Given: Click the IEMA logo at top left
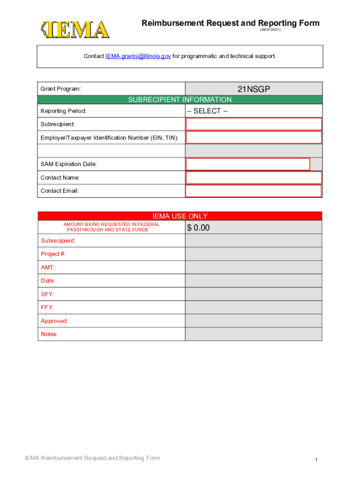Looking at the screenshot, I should click(x=75, y=30).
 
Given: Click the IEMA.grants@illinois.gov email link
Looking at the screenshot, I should click(x=138, y=56).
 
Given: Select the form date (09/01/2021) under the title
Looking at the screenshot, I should click(x=270, y=30).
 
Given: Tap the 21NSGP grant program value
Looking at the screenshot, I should click(x=253, y=89).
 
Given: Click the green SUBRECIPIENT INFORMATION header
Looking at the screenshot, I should click(x=180, y=100).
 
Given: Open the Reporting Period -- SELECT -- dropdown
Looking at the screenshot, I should click(x=253, y=111).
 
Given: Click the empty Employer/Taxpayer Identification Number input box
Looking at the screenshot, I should click(x=253, y=138).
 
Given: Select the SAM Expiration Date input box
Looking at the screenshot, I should click(x=248, y=164).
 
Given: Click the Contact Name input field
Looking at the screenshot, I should click(x=253, y=178).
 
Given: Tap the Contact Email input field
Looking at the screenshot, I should click(x=253, y=191).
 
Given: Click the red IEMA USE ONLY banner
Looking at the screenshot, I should click(x=180, y=216).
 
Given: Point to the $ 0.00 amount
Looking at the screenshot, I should click(x=199, y=228).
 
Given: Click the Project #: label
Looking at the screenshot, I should click(x=53, y=254).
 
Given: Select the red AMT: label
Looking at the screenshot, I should click(x=48, y=268).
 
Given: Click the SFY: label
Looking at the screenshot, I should click(x=47, y=294).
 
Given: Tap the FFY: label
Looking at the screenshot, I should click(x=47, y=307).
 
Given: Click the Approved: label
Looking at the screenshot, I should click(x=54, y=321).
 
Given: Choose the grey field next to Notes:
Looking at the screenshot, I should click(x=253, y=334).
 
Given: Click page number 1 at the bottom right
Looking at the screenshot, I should click(x=316, y=460).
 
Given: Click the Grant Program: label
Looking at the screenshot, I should click(x=61, y=89).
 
